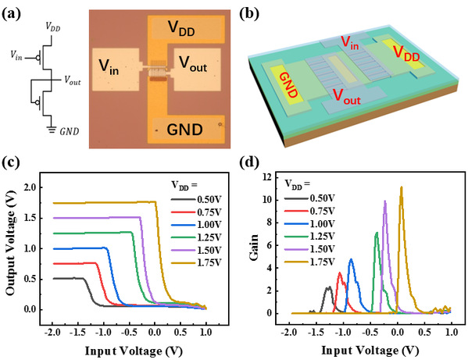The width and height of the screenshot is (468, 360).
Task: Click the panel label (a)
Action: click(x=12, y=15)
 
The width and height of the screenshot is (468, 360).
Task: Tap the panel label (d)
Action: click(x=249, y=162)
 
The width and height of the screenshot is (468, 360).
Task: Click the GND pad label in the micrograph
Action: click(x=184, y=130)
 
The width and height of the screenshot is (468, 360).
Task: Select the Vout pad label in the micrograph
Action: click(x=193, y=64)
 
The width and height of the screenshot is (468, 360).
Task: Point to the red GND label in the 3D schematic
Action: click(x=288, y=85)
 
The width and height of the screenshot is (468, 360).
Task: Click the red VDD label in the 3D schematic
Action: click(x=406, y=53)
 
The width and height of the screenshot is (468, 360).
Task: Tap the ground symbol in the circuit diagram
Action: click(x=52, y=129)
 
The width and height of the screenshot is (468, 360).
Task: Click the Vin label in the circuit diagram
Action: click(x=16, y=55)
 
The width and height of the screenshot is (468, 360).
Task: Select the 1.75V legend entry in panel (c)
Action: click(x=196, y=262)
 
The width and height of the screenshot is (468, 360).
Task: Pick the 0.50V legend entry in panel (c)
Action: click(x=196, y=200)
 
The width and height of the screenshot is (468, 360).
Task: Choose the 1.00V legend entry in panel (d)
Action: click(x=309, y=223)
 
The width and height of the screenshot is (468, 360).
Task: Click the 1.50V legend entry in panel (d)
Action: click(x=309, y=249)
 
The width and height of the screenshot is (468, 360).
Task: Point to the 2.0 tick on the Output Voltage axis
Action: click(x=30, y=187)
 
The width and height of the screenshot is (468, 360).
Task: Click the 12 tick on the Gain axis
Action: click(x=267, y=177)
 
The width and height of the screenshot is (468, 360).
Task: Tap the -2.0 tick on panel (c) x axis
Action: click(x=52, y=332)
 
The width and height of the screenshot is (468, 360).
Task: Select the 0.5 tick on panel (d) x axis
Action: click(x=425, y=332)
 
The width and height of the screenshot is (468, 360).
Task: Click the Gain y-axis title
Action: click(x=254, y=248)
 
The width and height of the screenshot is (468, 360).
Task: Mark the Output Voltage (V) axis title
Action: click(x=11, y=243)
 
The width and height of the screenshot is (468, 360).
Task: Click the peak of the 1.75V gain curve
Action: click(x=401, y=187)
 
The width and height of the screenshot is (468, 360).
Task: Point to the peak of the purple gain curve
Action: click(x=385, y=201)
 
